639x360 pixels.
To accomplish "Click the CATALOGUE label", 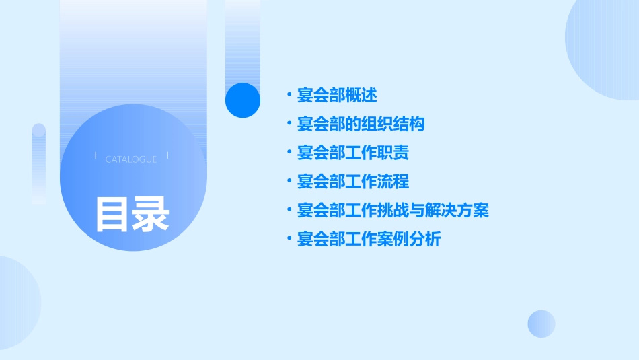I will [x=131, y=159].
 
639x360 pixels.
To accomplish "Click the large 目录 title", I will [x=132, y=214].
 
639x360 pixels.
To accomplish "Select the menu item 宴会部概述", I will [x=337, y=96].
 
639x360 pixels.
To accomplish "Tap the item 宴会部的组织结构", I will [x=361, y=124].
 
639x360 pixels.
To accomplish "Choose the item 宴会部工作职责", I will [x=352, y=153].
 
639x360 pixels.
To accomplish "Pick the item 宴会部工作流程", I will [x=352, y=182].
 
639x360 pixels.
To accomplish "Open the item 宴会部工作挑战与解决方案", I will [x=393, y=211].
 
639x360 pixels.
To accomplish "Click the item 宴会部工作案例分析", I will [x=369, y=239].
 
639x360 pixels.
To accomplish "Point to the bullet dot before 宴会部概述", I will [x=289, y=96].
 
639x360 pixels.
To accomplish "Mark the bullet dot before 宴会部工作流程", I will [x=289, y=182].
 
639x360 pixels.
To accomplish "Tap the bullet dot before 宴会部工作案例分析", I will [x=289, y=239].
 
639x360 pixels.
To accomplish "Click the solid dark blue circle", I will [x=243, y=100].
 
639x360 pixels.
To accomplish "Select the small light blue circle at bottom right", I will [x=541, y=324].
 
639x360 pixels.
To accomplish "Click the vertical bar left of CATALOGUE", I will [x=96, y=156].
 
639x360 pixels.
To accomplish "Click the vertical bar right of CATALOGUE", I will [x=167, y=156].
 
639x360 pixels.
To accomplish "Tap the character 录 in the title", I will [x=151, y=214].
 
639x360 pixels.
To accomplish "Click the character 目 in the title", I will [x=112, y=214].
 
